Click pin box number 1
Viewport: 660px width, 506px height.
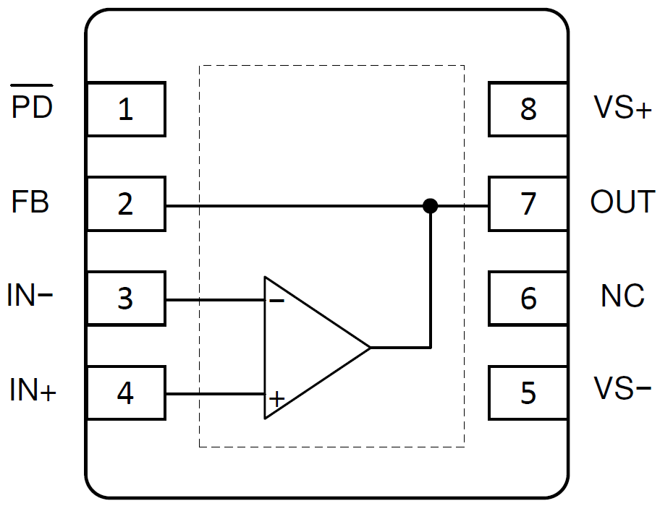[x=126, y=109]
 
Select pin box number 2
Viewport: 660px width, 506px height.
[x=126, y=204]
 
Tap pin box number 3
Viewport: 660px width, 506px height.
[x=126, y=298]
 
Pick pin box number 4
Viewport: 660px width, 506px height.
[x=126, y=393]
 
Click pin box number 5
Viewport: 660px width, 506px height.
[x=528, y=393]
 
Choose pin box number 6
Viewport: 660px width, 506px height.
[x=528, y=298]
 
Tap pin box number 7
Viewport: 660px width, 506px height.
[x=528, y=204]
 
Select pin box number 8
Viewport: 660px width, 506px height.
[x=528, y=109]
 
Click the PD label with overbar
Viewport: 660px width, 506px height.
[x=32, y=107]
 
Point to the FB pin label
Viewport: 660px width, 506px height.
[x=30, y=202]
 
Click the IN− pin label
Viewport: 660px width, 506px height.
[x=30, y=296]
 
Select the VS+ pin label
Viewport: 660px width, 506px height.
[x=623, y=108]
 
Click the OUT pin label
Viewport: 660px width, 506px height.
[x=622, y=202]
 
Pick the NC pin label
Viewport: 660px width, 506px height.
[x=622, y=296]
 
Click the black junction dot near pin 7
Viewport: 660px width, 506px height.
[x=431, y=206]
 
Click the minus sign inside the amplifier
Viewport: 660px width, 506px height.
[x=276, y=301]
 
